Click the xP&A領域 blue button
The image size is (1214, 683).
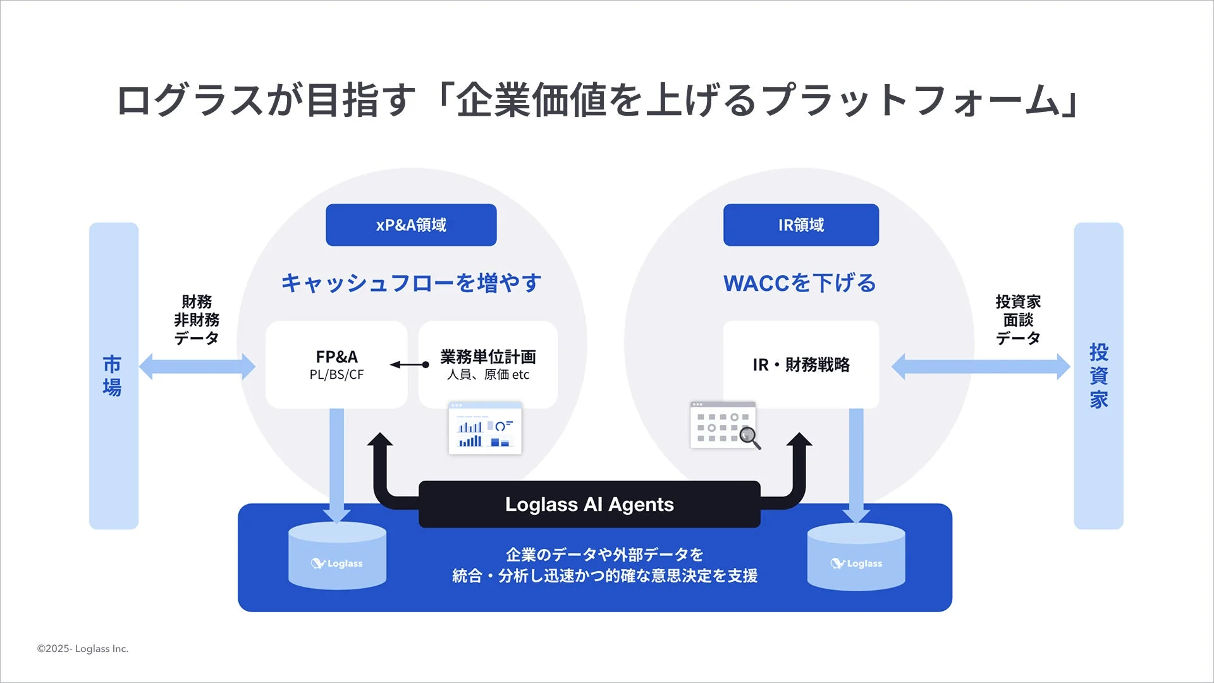click(411, 225)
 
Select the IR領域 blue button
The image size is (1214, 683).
click(800, 225)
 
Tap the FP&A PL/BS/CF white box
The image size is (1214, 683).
click(336, 365)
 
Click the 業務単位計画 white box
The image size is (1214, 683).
click(487, 365)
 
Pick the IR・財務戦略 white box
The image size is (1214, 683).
click(800, 365)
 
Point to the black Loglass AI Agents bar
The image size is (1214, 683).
click(589, 505)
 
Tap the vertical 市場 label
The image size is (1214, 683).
click(113, 376)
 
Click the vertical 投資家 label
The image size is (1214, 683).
click(1098, 376)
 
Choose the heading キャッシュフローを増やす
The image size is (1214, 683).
click(411, 283)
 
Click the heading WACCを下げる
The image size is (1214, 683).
click(800, 283)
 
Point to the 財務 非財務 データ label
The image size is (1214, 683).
click(197, 320)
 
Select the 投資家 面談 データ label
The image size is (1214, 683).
click(1017, 320)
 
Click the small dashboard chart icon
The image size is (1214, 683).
click(485, 428)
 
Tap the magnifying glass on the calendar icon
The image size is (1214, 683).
click(750, 437)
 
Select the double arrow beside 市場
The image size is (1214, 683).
click(197, 366)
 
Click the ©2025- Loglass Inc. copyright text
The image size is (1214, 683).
click(83, 649)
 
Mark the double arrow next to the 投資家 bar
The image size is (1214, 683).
click(980, 366)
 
